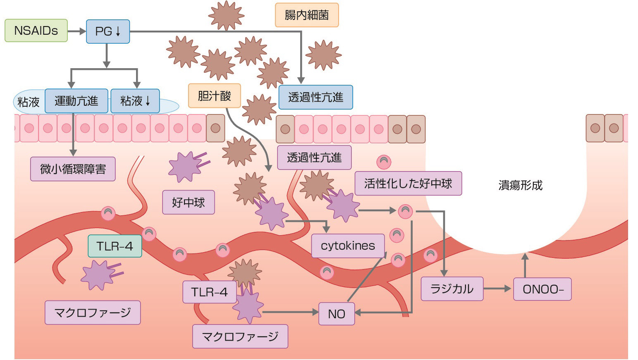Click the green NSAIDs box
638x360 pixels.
click(x=36, y=31)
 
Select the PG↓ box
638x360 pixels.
click(x=108, y=31)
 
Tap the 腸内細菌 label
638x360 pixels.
click(x=307, y=15)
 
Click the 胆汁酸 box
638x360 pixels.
click(x=214, y=96)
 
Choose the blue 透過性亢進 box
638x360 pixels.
click(x=315, y=97)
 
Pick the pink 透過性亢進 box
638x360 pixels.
click(x=314, y=157)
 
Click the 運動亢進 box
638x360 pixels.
click(x=76, y=101)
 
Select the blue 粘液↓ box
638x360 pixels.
click(x=135, y=101)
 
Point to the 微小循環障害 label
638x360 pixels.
click(x=73, y=169)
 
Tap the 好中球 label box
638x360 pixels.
click(x=188, y=203)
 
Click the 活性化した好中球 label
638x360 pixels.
click(x=408, y=184)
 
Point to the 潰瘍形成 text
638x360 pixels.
click(x=520, y=185)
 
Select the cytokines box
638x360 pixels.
click(x=347, y=246)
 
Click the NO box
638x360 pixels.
click(x=336, y=314)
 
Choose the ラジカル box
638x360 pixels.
click(x=452, y=288)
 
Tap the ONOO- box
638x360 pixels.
click(x=542, y=289)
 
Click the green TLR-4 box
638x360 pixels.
click(x=115, y=246)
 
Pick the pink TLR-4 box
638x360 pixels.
click(x=209, y=292)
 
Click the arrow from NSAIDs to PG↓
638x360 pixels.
click(x=76, y=31)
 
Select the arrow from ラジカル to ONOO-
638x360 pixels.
click(x=498, y=289)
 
